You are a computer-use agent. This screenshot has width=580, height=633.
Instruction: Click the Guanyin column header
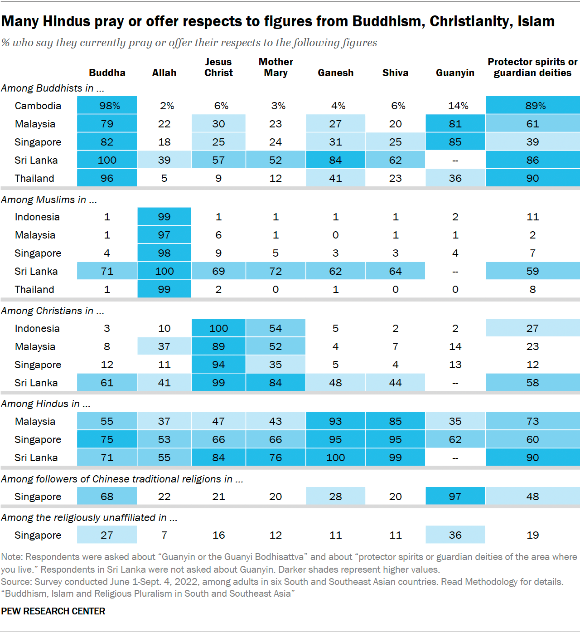pos(455,73)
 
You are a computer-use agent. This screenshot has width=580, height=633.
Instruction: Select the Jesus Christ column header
pos(218,68)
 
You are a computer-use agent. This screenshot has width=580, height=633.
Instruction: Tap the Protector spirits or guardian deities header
pos(532,68)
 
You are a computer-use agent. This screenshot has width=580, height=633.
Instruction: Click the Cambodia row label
pos(38,106)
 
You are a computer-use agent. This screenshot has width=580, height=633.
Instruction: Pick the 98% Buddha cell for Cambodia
pos(107,106)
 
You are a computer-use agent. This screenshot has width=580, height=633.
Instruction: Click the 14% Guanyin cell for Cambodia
pos(455,106)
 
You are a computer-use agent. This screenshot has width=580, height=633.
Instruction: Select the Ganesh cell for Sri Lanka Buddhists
pos(335,160)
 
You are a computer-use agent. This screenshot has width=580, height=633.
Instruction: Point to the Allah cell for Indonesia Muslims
pos(164,217)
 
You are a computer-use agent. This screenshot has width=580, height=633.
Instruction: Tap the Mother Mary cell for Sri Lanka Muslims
pos(275,271)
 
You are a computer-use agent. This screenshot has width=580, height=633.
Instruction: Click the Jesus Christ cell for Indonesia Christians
pos(218,328)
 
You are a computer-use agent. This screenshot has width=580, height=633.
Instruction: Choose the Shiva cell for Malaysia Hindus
pos(395,421)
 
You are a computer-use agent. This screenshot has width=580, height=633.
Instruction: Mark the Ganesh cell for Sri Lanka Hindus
pos(335,458)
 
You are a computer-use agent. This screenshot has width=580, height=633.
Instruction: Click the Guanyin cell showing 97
pos(455,497)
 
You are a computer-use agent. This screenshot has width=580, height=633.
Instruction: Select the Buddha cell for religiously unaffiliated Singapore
pos(107,535)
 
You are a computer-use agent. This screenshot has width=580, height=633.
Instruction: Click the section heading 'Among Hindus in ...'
pos(46,404)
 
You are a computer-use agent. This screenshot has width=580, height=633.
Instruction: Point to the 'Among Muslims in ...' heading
pos(49,200)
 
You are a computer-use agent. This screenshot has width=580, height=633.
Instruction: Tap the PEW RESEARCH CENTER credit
pos(53,611)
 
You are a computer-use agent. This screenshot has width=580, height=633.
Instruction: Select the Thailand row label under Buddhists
pos(34,178)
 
